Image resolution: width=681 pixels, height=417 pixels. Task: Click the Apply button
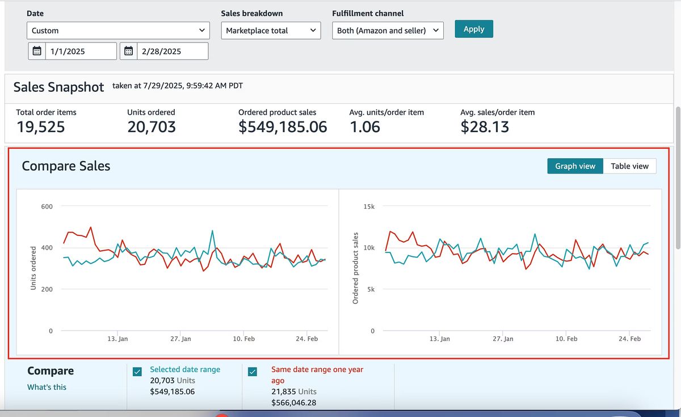tap(474, 29)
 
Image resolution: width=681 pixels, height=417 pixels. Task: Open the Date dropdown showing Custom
tap(118, 31)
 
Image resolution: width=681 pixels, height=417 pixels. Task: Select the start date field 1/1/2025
tap(79, 51)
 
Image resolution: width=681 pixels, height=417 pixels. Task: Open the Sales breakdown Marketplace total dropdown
tap(270, 31)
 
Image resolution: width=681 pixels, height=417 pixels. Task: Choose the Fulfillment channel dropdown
tap(388, 31)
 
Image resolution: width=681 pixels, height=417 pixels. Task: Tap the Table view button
tap(629, 166)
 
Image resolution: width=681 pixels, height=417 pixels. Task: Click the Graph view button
tap(575, 166)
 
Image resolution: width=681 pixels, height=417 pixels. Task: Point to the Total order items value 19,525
tap(40, 127)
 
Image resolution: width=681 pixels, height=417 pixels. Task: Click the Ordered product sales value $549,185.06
tap(283, 127)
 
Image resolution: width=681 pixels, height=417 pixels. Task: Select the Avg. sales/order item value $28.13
tap(485, 127)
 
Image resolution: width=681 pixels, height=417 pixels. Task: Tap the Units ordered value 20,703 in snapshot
tap(152, 127)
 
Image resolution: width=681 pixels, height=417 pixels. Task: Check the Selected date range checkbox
tap(137, 372)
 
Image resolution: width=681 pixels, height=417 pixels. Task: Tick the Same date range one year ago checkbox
tap(253, 372)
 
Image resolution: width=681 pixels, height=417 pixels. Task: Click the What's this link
tap(47, 387)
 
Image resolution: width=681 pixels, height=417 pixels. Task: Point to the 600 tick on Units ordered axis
tap(47, 207)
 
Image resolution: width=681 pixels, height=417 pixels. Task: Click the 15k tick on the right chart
tap(369, 207)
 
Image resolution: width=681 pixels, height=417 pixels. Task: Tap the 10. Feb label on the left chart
tap(243, 339)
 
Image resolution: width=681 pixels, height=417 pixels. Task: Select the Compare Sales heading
tap(66, 166)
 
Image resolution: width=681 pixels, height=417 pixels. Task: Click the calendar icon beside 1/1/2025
tap(37, 51)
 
